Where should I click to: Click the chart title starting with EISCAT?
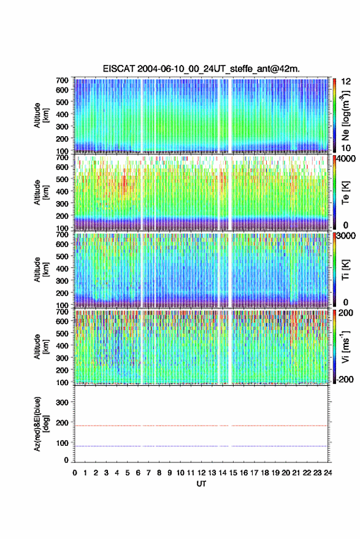[201, 69]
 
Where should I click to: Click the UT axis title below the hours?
[201, 484]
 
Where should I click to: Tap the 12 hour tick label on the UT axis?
[202, 473]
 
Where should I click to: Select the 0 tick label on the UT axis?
[75, 473]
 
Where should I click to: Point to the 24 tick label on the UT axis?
[327, 473]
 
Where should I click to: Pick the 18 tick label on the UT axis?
[265, 473]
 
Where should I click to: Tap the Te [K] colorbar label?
[345, 193]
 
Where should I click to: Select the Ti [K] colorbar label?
[345, 270]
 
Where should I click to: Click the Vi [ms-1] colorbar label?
[345, 346]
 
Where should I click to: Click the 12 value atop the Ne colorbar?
[346, 82]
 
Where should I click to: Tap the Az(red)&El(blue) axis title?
[41, 424]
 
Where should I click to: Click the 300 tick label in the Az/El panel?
[62, 402]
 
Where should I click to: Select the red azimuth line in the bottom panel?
[201, 426]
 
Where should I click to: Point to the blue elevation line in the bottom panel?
[201, 446]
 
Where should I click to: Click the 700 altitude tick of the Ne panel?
[62, 80]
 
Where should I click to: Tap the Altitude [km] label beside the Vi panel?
[41, 346]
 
